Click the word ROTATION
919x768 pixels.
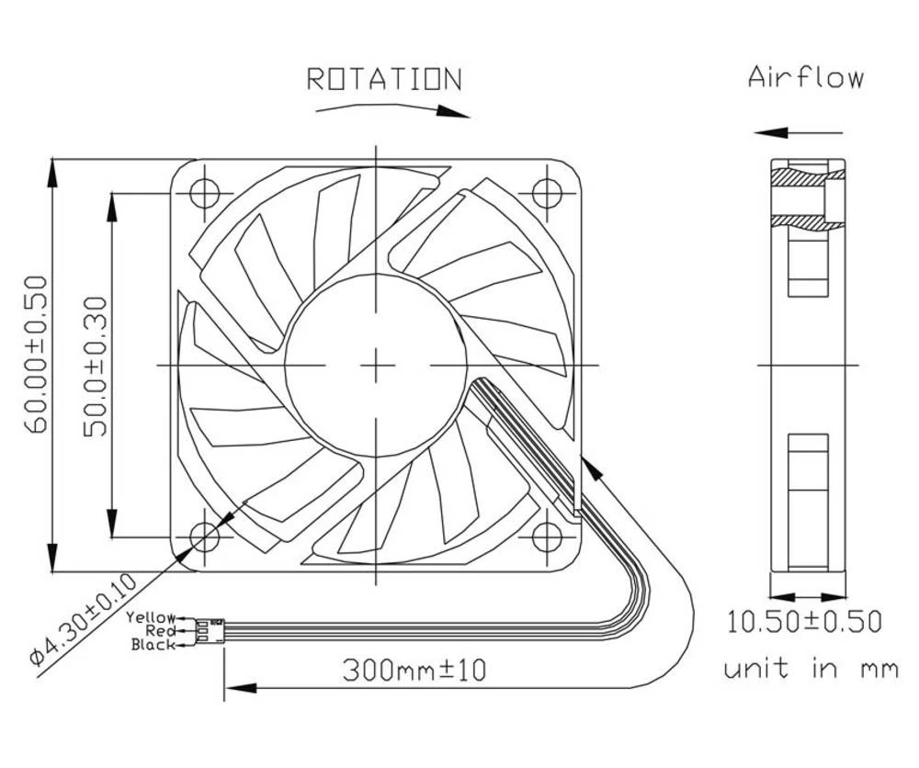[383, 80]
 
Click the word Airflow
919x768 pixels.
[806, 76]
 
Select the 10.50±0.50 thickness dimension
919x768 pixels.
[804, 622]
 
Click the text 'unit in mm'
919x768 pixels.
[810, 668]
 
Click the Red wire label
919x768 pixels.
[160, 631]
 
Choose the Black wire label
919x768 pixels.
[153, 645]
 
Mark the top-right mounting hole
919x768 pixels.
[548, 193]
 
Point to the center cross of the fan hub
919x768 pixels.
[376, 366]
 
